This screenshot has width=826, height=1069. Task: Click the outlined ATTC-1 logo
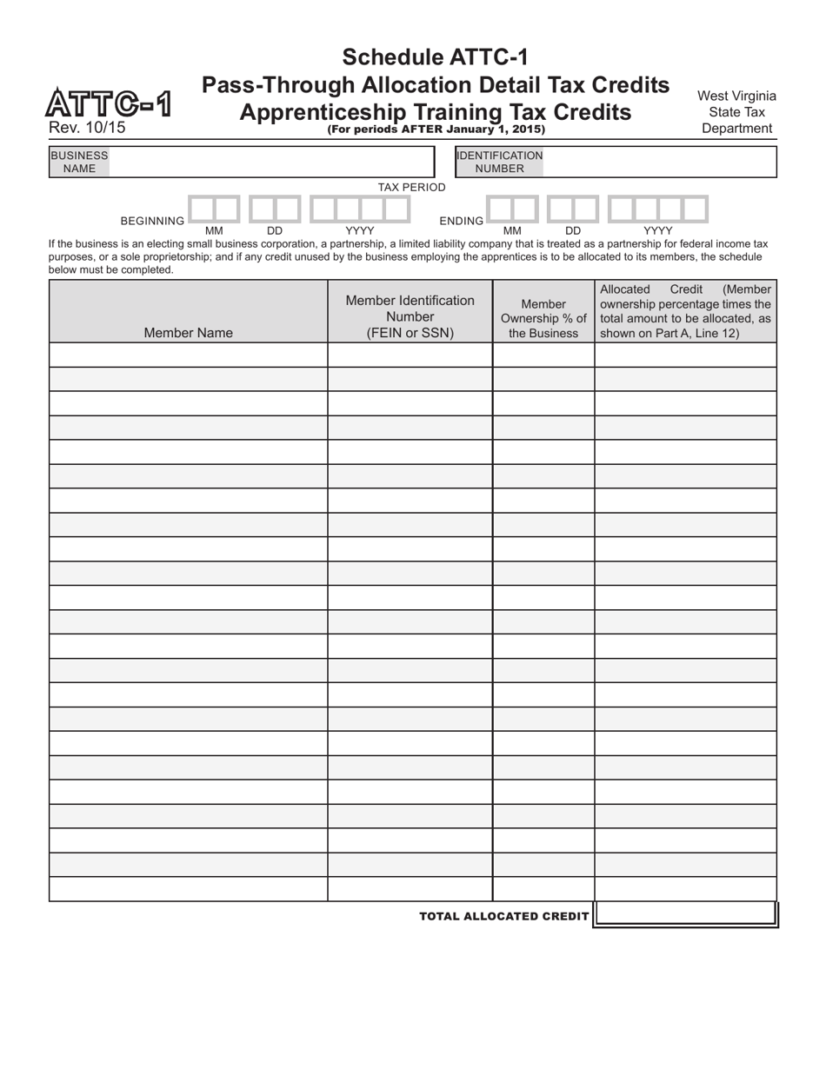click(x=109, y=103)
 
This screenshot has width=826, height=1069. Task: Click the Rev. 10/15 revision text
click(x=87, y=127)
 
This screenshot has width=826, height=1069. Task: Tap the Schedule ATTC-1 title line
click(x=435, y=57)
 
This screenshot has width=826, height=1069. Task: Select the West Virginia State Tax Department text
click(x=736, y=112)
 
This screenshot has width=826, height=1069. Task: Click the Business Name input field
click(x=270, y=162)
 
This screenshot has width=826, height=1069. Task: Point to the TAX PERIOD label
click(x=411, y=187)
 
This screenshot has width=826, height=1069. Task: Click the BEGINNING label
click(x=152, y=221)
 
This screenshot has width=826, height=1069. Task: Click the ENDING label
click(x=461, y=221)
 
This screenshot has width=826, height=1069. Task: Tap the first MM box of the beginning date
click(x=202, y=209)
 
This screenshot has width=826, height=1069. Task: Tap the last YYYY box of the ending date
click(x=696, y=209)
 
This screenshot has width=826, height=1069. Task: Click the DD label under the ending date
click(x=573, y=231)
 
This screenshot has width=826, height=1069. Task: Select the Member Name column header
click(x=188, y=332)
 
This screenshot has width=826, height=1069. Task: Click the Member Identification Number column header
click(x=410, y=316)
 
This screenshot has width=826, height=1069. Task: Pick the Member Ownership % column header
click(x=543, y=318)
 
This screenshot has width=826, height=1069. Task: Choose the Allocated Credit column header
click(x=685, y=311)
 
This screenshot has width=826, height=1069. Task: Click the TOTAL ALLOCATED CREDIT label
click(x=503, y=916)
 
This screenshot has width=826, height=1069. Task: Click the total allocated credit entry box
click(x=685, y=914)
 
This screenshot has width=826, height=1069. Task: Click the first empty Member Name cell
click(x=188, y=355)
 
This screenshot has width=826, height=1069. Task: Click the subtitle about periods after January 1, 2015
click(x=436, y=129)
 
